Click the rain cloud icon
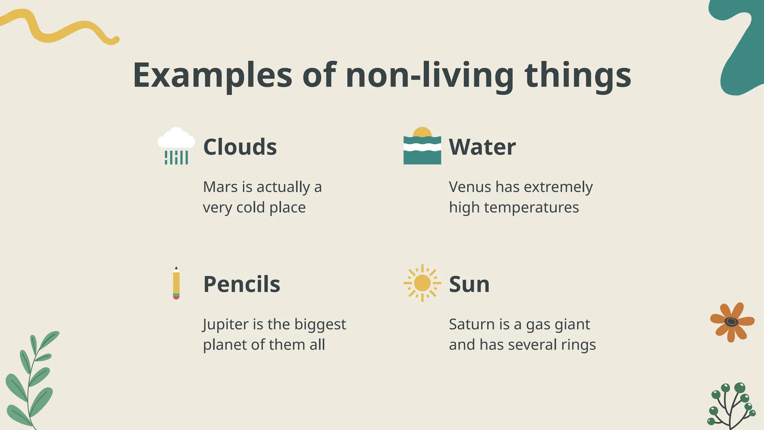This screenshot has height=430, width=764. [x=176, y=146]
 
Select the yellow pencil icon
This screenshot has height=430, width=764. [x=176, y=283]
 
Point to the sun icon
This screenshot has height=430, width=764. [x=422, y=283]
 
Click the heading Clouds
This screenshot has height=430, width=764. [x=240, y=147]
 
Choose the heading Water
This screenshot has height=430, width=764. [x=482, y=147]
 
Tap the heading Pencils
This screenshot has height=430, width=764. [x=241, y=284]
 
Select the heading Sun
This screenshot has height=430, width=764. [x=469, y=284]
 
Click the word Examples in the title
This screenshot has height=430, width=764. [x=212, y=75]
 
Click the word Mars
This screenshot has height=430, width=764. [x=220, y=187]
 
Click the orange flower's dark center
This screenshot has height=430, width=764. [x=731, y=322]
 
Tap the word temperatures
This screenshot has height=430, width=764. [x=531, y=207]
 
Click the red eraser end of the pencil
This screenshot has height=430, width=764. [x=176, y=298]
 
